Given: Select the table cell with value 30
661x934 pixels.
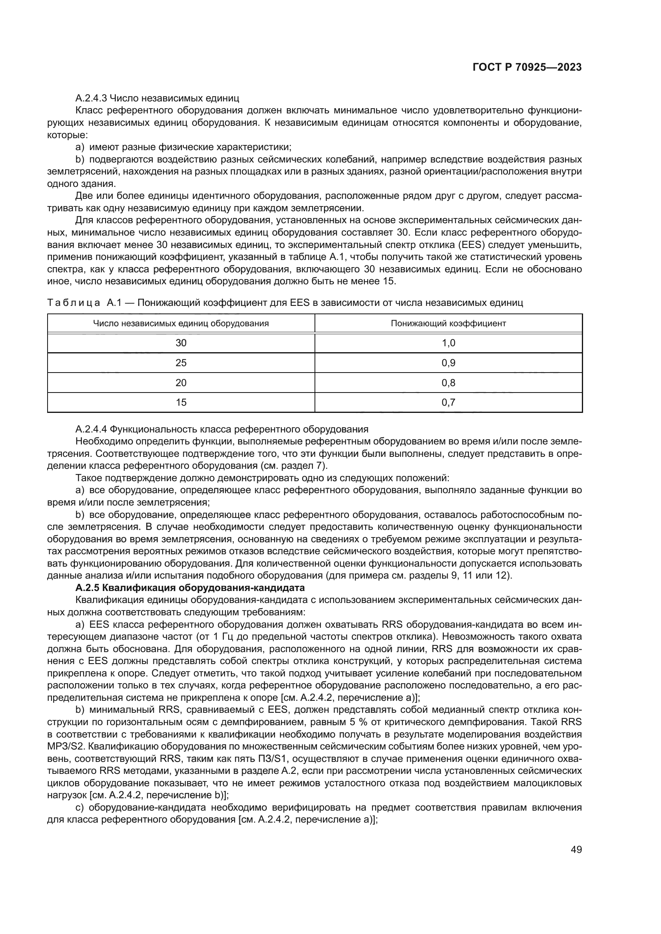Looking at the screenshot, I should [x=181, y=343].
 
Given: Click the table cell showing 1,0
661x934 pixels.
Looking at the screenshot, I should [x=448, y=343].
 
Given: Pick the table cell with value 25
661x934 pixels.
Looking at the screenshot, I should [x=181, y=363].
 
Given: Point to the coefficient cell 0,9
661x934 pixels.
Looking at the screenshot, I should [x=448, y=363].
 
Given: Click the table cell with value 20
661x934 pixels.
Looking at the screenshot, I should [x=181, y=383].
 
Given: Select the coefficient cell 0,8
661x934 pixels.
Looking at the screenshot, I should [x=448, y=383].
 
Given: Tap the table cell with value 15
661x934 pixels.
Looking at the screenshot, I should [x=181, y=403].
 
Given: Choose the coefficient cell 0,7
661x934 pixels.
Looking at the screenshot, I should [x=448, y=403].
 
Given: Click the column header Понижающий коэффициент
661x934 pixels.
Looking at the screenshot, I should [x=448, y=323].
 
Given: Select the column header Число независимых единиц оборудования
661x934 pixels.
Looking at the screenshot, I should [x=181, y=323].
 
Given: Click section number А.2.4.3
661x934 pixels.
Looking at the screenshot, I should [x=91, y=98].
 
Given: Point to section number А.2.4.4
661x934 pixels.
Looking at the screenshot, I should [x=91, y=429].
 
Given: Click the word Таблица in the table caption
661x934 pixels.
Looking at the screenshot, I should [x=74, y=303].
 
